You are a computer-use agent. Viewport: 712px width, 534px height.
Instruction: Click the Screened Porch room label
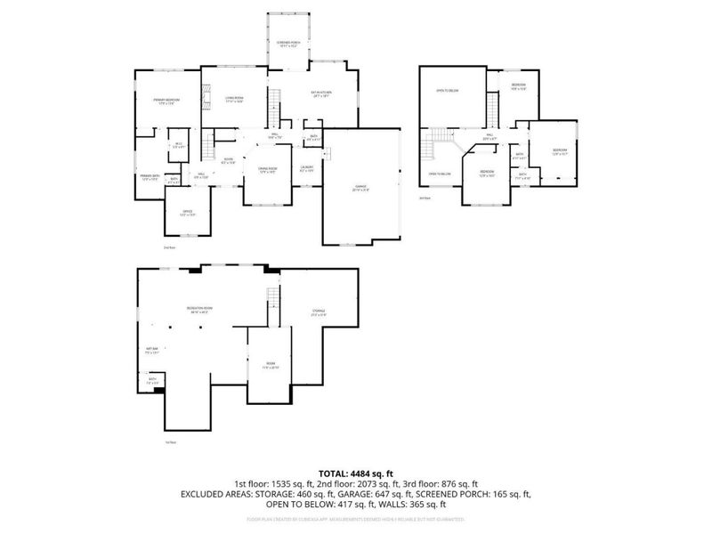click(288, 44)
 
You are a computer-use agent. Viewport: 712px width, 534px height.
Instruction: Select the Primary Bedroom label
click(166, 101)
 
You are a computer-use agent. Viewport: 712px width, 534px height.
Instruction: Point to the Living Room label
click(235, 99)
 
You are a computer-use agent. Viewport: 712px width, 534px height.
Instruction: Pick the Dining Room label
click(268, 169)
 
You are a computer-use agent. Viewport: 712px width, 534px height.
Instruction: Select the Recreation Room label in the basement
click(199, 308)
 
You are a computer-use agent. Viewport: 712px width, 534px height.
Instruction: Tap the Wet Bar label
click(151, 350)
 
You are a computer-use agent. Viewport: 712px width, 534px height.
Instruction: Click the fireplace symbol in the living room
click(204, 96)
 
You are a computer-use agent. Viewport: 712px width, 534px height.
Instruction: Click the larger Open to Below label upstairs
click(447, 91)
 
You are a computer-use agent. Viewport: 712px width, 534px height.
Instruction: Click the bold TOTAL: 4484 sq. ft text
click(355, 473)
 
